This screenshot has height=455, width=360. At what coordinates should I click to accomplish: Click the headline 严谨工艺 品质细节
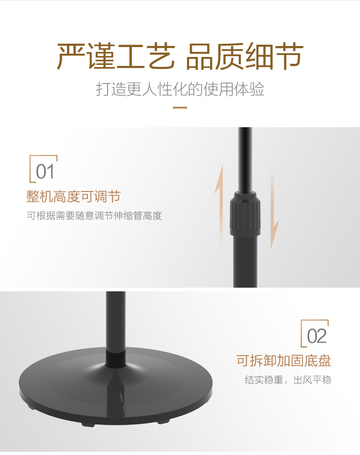click(x=180, y=56)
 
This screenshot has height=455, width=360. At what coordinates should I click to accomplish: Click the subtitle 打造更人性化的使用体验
click(x=180, y=89)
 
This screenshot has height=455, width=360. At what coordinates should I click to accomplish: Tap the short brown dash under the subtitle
click(x=180, y=107)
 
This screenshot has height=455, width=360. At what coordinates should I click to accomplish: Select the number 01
click(x=45, y=171)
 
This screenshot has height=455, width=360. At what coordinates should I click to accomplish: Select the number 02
click(x=317, y=336)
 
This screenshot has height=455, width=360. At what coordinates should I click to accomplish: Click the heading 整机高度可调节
click(x=73, y=196)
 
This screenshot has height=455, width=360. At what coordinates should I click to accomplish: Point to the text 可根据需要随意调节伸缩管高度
click(x=94, y=216)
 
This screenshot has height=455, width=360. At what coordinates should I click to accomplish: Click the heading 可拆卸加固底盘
click(x=284, y=361)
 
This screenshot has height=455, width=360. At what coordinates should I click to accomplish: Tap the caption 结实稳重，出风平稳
click(x=288, y=380)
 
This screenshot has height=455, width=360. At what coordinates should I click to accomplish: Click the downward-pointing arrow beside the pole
click(x=273, y=207)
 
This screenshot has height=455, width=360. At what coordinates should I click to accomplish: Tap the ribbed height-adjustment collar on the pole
click(x=245, y=213)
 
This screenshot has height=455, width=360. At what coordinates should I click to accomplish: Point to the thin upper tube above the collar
click(x=245, y=160)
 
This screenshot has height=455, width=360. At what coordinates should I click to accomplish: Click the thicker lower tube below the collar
click(x=245, y=261)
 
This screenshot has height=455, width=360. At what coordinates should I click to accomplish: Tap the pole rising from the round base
click(x=116, y=325)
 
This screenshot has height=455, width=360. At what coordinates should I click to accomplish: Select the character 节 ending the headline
click(x=288, y=56)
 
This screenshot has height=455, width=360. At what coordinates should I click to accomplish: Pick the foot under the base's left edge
click(x=30, y=407)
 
